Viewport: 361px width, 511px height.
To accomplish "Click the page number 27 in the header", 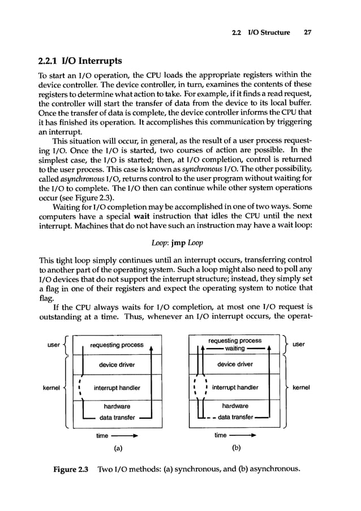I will click(308, 32).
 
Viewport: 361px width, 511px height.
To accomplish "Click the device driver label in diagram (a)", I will click(117, 365).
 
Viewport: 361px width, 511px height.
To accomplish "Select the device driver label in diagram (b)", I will click(235, 364).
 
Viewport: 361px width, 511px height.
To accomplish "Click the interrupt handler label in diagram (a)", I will click(117, 388).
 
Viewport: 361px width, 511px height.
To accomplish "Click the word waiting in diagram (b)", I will click(235, 349).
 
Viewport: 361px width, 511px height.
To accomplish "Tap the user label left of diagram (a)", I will click(53, 345).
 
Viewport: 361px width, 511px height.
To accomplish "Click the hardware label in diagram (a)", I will click(117, 406).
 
